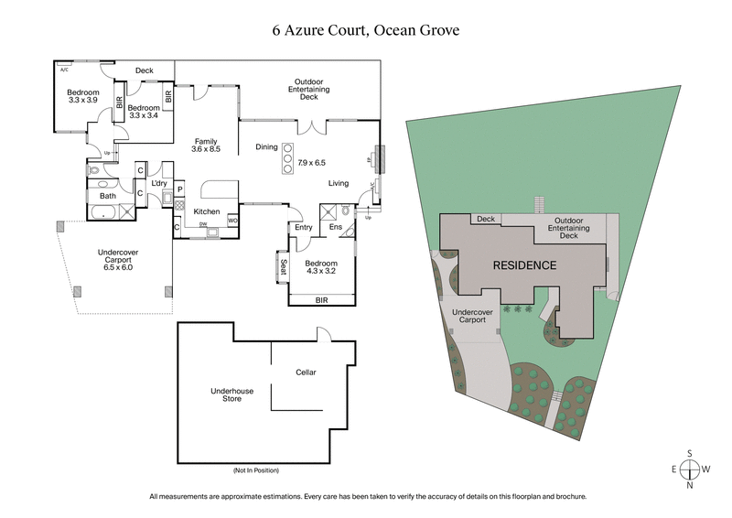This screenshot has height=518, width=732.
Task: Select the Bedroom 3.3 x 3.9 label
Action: pyautogui.click(x=82, y=95)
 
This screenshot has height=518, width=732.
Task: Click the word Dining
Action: pyautogui.click(x=265, y=146)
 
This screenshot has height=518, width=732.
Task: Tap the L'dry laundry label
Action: pyautogui.click(x=158, y=184)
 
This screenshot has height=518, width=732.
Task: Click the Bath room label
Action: pyautogui.click(x=108, y=196)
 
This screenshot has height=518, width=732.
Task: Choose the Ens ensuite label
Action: pyautogui.click(x=335, y=228)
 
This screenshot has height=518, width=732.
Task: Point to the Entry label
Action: pyautogui.click(x=304, y=228)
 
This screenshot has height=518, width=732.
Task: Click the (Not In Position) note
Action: pyautogui.click(x=256, y=470)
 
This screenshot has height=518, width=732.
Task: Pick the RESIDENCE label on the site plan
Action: pyautogui.click(x=524, y=265)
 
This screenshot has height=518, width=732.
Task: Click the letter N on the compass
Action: pyautogui.click(x=692, y=485)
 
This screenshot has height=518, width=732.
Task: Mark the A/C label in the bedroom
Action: pyautogui.click(x=64, y=70)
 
